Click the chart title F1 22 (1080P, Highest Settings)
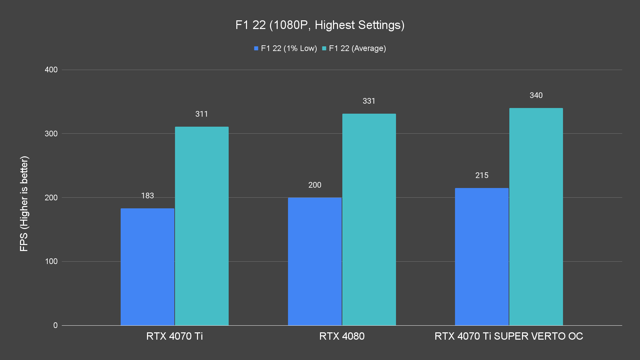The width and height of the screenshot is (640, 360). click(320, 25)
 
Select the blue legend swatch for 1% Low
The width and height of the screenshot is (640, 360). click(256, 48)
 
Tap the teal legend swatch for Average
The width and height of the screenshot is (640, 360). click(324, 48)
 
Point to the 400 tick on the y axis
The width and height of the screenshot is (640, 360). click(51, 70)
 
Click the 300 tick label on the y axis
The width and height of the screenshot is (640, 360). click(51, 134)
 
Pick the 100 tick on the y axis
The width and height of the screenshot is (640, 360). click(51, 261)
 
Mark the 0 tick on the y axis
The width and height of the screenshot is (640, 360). click(55, 325)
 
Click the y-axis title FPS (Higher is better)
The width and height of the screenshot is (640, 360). click(24, 203)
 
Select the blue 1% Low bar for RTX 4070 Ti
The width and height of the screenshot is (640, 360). click(147, 267)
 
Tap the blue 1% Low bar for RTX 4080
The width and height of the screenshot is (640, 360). click(315, 261)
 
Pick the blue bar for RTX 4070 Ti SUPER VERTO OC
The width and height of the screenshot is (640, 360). click(482, 257)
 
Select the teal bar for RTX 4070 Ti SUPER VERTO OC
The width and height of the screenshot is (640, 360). click(536, 217)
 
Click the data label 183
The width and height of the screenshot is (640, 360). click(147, 196)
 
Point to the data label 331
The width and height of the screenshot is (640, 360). click(369, 101)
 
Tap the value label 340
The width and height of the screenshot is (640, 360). click(536, 95)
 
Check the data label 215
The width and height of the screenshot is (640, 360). click(482, 175)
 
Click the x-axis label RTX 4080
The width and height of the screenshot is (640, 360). click(342, 336)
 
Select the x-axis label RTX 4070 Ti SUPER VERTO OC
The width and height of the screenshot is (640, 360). click(509, 336)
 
